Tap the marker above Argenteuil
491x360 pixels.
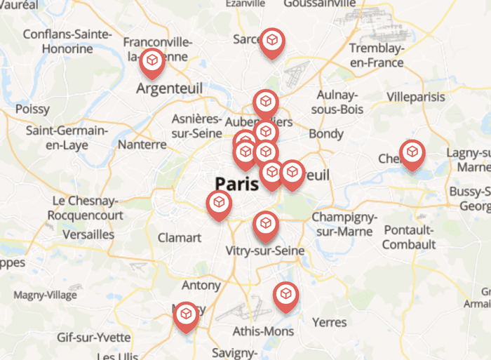pyautogui.click(x=152, y=62)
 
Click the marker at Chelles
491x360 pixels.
pyautogui.click(x=412, y=152)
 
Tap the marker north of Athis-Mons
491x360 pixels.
pyautogui.click(x=285, y=295)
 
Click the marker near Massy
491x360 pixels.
pyautogui.click(x=187, y=315)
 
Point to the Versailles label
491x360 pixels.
pyautogui.click(x=88, y=234)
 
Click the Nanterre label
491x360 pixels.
pyautogui.click(x=143, y=145)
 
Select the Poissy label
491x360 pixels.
pyautogui.click(x=33, y=109)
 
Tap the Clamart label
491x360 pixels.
pyautogui.click(x=179, y=238)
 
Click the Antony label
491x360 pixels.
pyautogui.click(x=201, y=286)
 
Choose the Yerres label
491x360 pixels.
pyautogui.click(x=329, y=322)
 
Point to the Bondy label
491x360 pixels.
pyautogui.click(x=326, y=133)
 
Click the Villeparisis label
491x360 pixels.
pyautogui.click(x=416, y=96)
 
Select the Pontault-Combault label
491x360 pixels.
pyautogui.click(x=409, y=237)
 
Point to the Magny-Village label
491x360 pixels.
pyautogui.click(x=45, y=295)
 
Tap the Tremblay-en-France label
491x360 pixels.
pyautogui.click(x=377, y=55)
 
